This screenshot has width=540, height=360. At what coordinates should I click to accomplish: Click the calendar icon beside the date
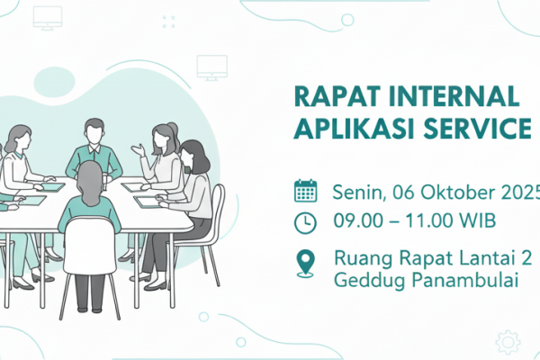(x=305, y=191)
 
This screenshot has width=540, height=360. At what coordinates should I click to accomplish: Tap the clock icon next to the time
(x=305, y=221)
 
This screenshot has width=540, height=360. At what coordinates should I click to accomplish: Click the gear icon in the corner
(x=508, y=341)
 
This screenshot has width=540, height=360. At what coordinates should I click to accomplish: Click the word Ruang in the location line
(x=359, y=258)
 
